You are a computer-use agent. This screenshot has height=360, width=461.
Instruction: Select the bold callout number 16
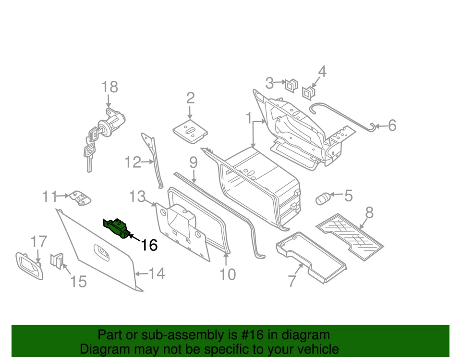(149, 245)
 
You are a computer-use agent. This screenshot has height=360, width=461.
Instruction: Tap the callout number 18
(109, 87)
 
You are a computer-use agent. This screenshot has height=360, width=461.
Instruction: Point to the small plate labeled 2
(190, 131)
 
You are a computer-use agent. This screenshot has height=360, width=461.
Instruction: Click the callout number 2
(190, 98)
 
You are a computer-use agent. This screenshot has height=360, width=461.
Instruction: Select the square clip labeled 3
(291, 85)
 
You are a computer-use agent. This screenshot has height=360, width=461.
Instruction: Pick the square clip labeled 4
(308, 92)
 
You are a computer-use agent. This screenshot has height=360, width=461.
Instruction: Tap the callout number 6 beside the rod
(392, 126)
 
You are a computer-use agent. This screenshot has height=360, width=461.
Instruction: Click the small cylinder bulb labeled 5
(322, 198)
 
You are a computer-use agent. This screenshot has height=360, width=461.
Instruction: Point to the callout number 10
(228, 274)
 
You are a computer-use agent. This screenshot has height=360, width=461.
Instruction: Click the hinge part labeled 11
(80, 198)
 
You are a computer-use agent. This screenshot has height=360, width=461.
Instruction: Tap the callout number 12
(133, 163)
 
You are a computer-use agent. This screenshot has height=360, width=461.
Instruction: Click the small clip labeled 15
(57, 261)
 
